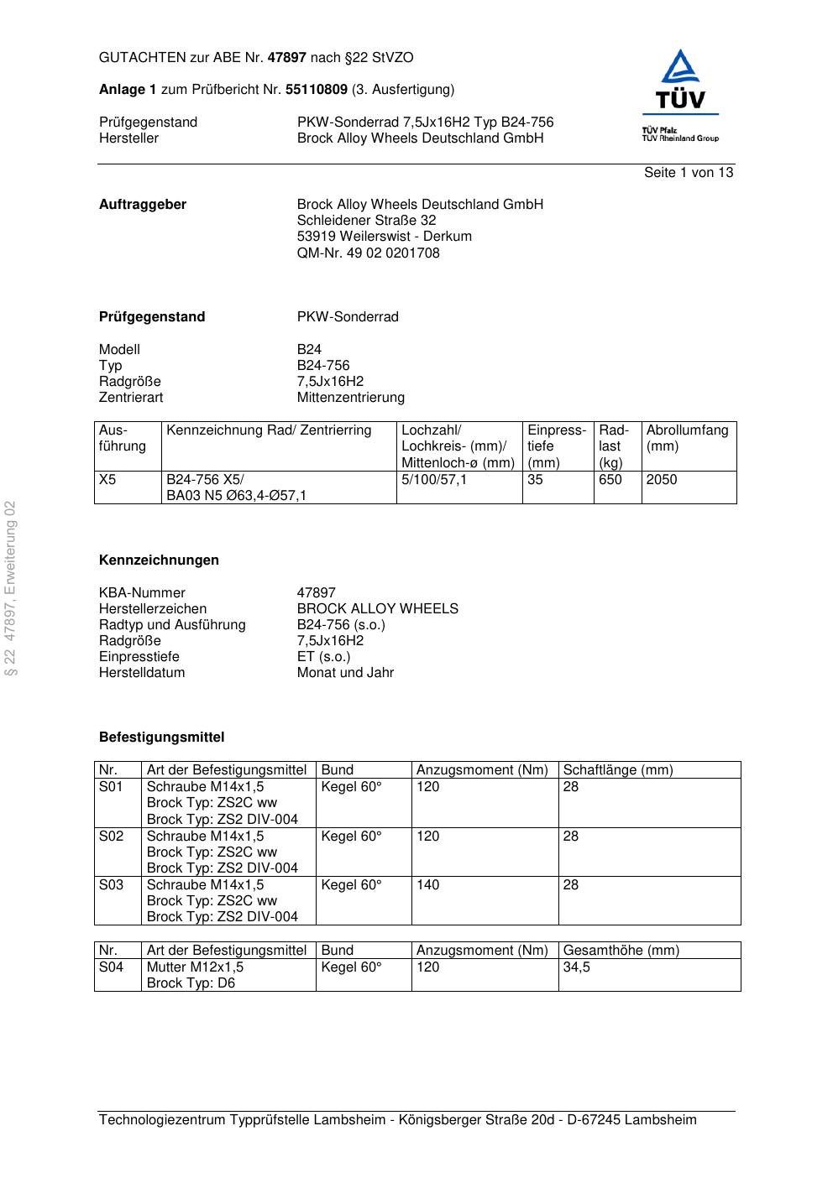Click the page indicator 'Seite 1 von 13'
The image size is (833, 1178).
688,173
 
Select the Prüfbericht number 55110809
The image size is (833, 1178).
316,90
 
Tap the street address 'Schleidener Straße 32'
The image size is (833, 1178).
366,221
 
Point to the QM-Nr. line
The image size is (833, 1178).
368,253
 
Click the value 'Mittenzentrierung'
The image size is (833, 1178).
350,398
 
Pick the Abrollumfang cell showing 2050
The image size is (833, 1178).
662,480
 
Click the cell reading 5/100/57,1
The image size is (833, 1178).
434,480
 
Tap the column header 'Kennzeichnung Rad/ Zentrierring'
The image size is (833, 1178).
269,430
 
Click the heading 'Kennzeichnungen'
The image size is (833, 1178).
159,560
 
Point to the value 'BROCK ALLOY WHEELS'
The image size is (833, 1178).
377,609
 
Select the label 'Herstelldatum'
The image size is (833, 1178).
142,673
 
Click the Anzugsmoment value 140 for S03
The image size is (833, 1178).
428,885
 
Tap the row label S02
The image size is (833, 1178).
111,837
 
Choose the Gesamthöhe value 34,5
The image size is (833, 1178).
576,967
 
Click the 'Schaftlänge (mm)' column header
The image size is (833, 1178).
618,770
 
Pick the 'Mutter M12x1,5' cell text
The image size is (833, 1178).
195,967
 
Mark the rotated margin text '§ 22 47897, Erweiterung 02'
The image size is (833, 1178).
11,588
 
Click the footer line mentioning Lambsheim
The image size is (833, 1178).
397,1120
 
